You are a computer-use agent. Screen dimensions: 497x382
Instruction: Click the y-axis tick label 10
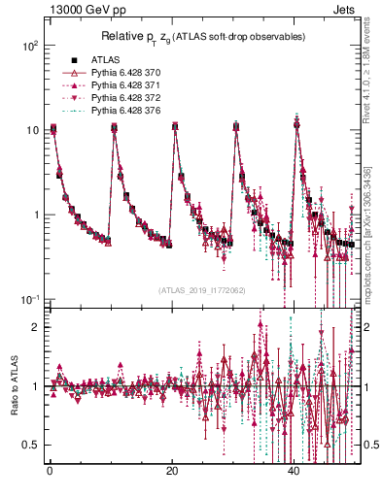pos(32,130)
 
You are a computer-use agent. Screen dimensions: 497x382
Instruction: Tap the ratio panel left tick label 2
pos(35,327)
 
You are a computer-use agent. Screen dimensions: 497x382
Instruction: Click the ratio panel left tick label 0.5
pos(31,445)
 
